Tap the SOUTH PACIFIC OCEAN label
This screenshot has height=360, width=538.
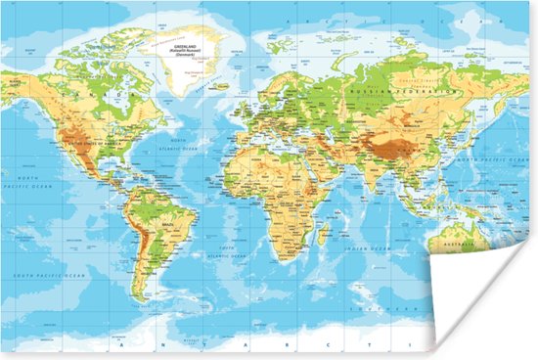pos(49,275)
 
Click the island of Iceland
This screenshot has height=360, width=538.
pos(224,86)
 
